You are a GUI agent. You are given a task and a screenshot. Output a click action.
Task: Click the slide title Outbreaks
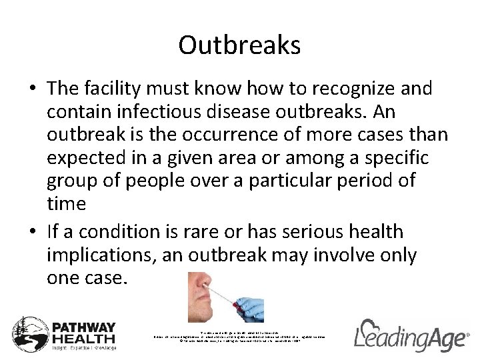239,46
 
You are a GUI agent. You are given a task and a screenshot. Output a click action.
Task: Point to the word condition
124,232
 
